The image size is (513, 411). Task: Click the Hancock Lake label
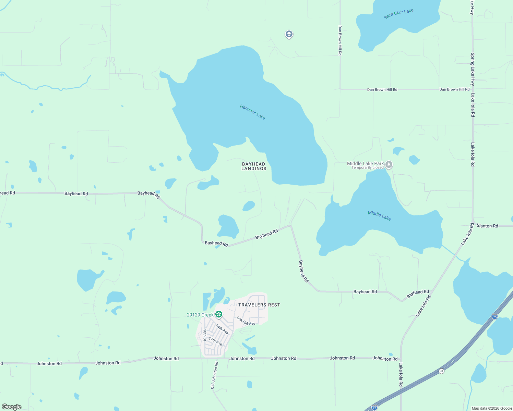point(252,112)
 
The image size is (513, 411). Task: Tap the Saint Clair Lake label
point(398,14)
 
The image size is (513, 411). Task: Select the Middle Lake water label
point(379,216)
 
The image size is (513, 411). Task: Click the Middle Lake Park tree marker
point(389,165)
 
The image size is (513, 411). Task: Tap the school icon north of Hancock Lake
point(289,34)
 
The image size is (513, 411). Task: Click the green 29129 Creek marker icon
point(219,314)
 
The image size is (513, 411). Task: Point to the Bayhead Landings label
point(254,166)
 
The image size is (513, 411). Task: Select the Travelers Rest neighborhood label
point(259,305)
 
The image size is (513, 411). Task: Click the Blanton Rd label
point(487,226)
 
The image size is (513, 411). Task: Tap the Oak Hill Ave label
point(246,321)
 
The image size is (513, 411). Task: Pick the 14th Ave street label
point(222,329)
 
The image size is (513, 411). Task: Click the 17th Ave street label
point(215,341)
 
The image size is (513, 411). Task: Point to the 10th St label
point(205,335)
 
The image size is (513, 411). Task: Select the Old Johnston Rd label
point(214,375)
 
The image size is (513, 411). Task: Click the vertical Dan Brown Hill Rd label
point(340,40)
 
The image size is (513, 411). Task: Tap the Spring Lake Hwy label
point(473,69)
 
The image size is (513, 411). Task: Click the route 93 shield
point(441,371)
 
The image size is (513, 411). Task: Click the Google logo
point(12,407)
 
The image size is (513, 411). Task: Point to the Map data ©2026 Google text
point(492,408)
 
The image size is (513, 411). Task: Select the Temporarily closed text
point(368,168)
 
